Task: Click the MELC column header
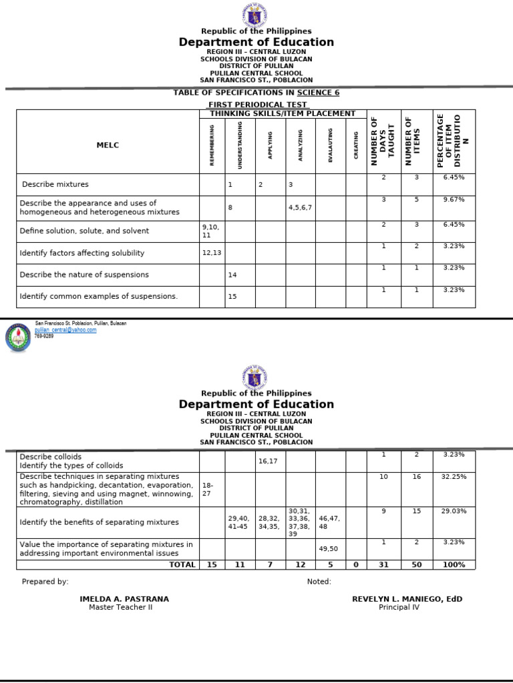[x=108, y=145]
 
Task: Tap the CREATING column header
[x=356, y=145]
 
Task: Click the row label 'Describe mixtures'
[x=55, y=184]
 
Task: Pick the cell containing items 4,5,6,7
[x=300, y=207]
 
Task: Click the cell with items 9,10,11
[x=211, y=231]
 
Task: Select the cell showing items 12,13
[x=210, y=253]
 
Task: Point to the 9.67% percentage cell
[x=454, y=199]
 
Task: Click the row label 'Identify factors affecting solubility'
[x=82, y=253]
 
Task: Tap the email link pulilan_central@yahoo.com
[x=65, y=330]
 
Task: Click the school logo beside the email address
[x=18, y=337]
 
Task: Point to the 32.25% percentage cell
[x=454, y=477]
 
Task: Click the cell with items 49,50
[x=329, y=548]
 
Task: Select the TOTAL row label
[x=182, y=564]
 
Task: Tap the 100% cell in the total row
[x=454, y=564]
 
